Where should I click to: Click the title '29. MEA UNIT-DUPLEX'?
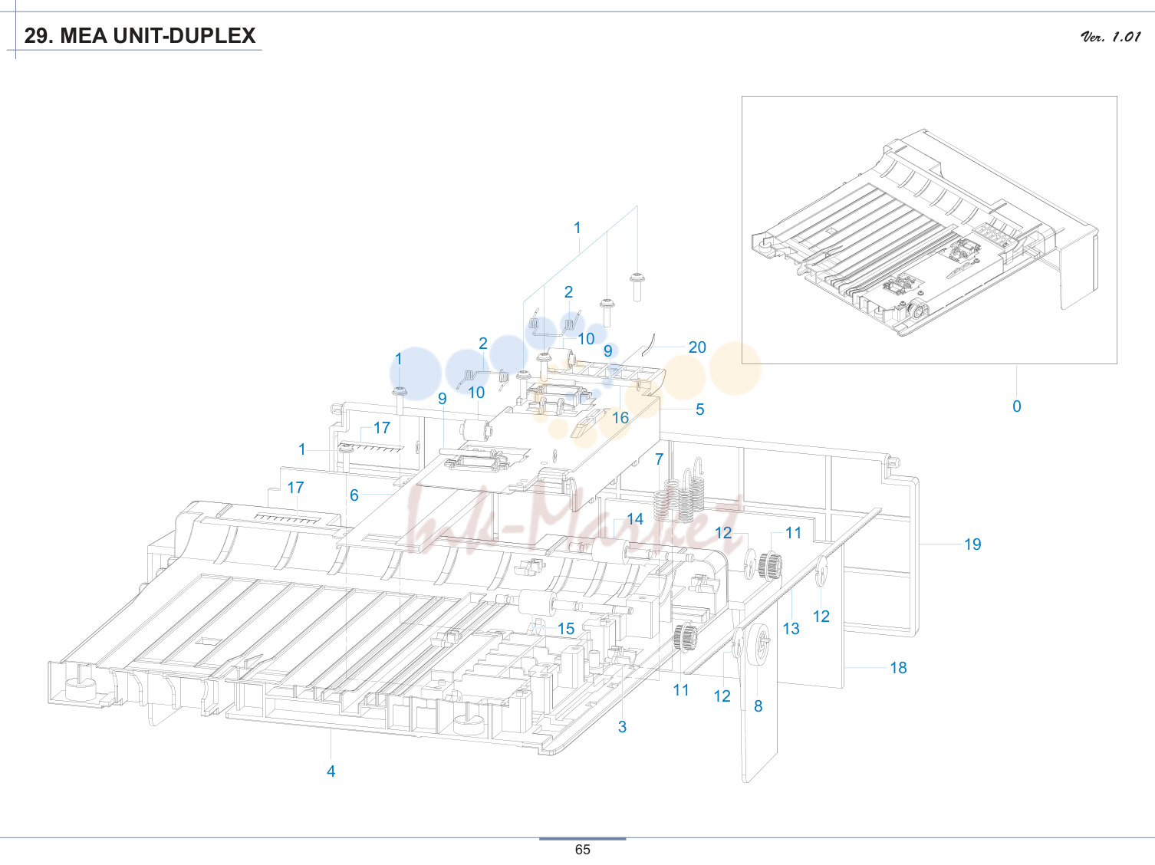point(140,36)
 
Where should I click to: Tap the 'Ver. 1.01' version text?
point(1111,37)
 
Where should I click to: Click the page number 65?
point(583,850)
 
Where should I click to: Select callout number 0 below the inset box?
point(1017,406)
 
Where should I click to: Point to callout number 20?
point(697,347)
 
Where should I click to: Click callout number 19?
point(972,544)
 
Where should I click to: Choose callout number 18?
point(898,668)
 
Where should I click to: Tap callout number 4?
point(331,771)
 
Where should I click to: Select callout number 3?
point(622,727)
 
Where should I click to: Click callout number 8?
point(758,706)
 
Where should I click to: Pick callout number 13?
point(791,628)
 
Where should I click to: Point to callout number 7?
point(660,459)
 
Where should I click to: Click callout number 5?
point(700,409)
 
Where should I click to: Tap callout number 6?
point(354,495)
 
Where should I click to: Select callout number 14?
point(635,519)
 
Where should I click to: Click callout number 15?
point(566,629)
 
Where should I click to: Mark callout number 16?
point(620,418)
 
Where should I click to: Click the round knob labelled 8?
point(761,643)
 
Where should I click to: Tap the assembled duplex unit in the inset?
point(924,232)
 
